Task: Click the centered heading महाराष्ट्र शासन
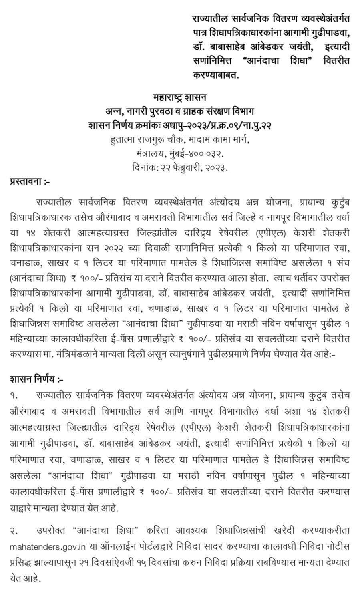180,97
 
